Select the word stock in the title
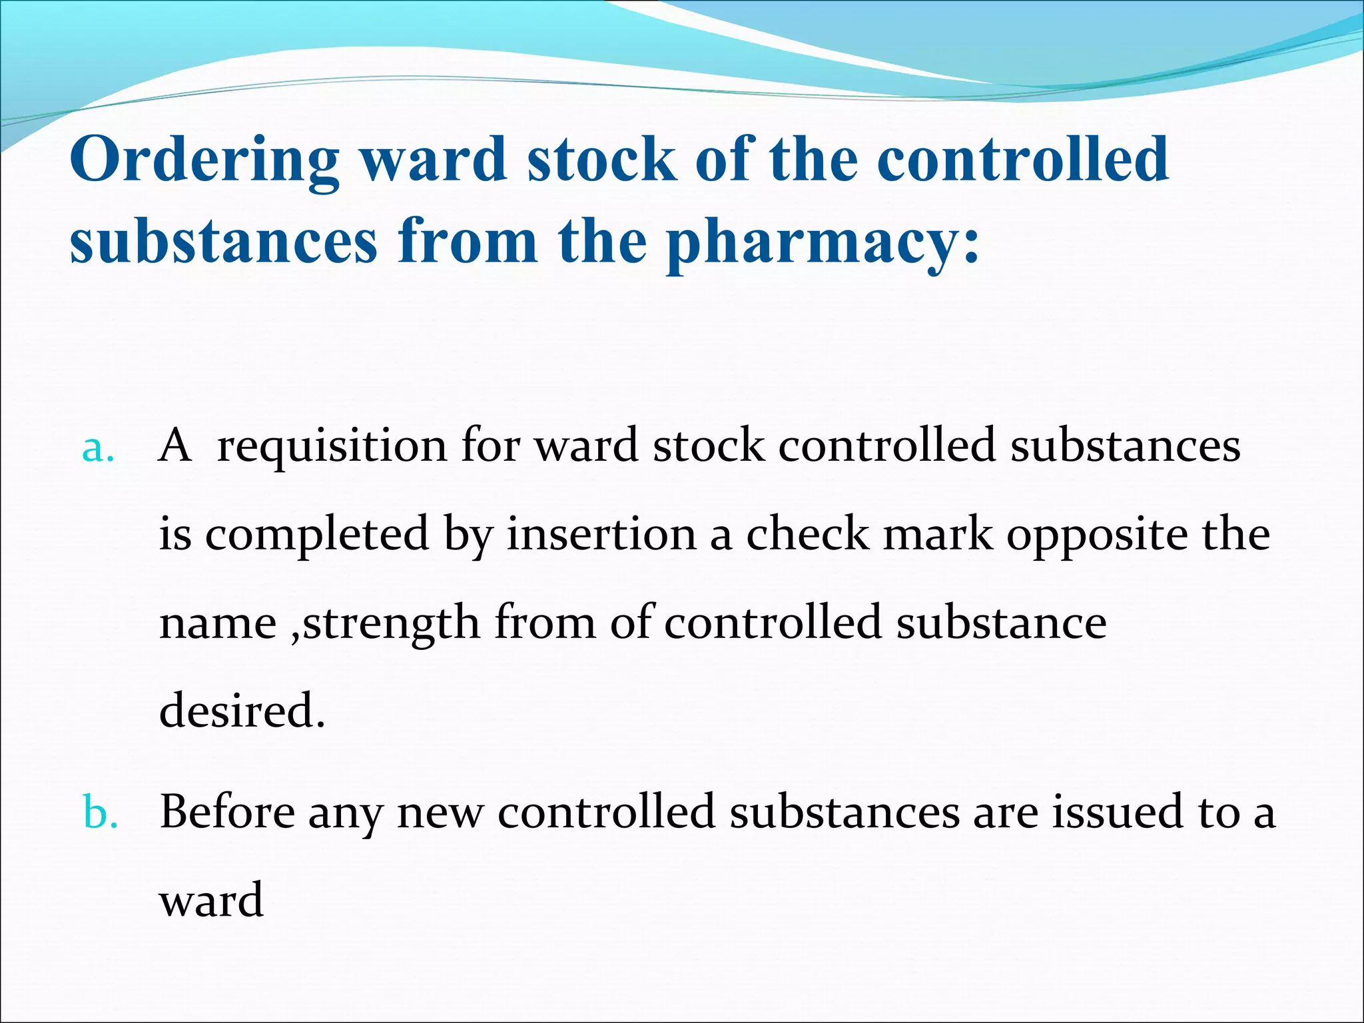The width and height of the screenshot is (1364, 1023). (x=601, y=160)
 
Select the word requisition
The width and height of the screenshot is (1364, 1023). (x=331, y=446)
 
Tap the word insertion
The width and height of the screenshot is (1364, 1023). (x=601, y=535)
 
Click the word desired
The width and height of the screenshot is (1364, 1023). (x=241, y=711)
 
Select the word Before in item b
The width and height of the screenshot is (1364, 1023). (x=227, y=813)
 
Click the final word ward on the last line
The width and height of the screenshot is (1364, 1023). (x=211, y=900)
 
